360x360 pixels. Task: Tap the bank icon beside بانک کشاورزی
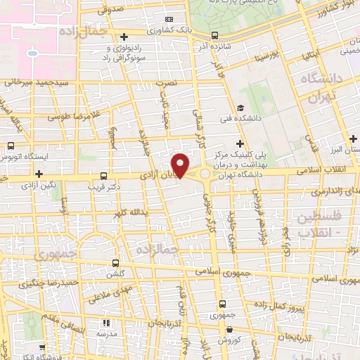[x=169, y=19]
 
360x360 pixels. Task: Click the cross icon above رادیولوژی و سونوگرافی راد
[x=124, y=37]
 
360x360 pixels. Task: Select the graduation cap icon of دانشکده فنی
[x=240, y=108]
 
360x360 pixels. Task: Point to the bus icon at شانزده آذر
[x=214, y=34]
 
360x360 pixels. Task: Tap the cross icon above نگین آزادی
[x=39, y=173]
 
